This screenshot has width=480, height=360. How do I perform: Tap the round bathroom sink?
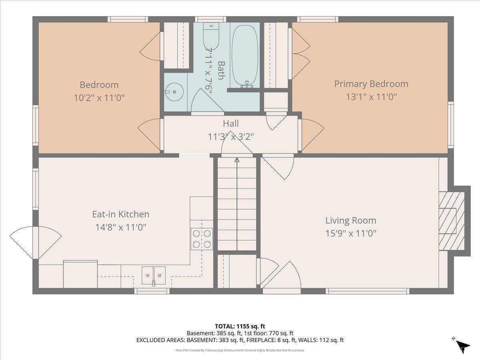(x=174, y=92)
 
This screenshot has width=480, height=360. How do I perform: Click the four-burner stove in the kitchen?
(x=202, y=239)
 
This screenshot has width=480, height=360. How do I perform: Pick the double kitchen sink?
(x=154, y=275)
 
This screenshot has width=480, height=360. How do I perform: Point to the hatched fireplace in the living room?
(x=451, y=221)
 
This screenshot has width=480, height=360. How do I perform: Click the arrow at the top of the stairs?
(x=237, y=161)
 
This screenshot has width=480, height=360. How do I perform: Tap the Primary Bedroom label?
(x=371, y=84)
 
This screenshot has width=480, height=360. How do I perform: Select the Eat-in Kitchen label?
(x=120, y=214)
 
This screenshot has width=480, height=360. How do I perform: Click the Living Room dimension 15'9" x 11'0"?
(x=350, y=233)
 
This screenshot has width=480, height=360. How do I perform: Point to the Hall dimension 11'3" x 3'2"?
(x=231, y=136)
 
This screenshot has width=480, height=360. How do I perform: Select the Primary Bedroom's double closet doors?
(x=300, y=54)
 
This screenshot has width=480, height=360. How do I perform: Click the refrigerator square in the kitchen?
(x=80, y=274)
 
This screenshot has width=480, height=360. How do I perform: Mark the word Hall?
(x=231, y=124)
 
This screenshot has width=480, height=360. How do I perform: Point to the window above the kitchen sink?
(x=152, y=291)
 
